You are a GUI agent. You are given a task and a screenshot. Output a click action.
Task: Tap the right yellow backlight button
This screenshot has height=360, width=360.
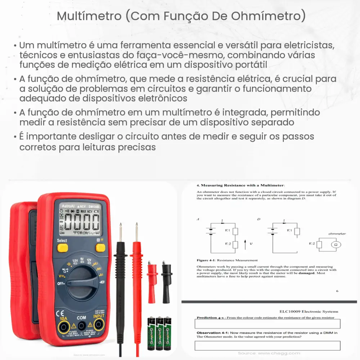100,248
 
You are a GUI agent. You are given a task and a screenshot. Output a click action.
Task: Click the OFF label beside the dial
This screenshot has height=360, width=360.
60,284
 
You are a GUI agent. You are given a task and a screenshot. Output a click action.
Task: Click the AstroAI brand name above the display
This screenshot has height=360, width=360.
67,206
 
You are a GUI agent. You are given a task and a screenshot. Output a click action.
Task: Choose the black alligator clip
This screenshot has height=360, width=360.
166,277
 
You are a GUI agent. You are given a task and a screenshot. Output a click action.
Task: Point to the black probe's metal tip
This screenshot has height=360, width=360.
121,231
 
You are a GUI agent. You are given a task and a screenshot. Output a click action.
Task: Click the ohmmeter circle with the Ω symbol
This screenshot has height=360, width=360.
336,244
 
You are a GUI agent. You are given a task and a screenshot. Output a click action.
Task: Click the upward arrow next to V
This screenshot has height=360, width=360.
245,244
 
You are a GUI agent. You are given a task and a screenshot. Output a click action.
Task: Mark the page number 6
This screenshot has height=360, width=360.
337,291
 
